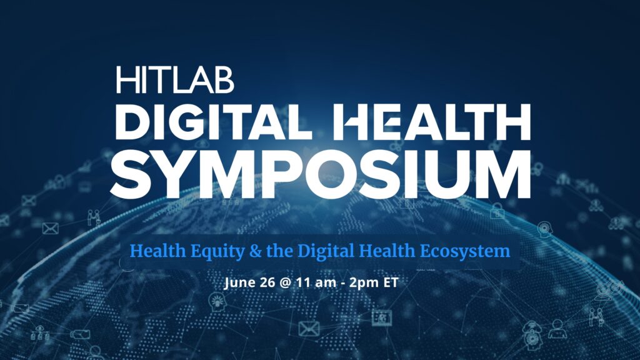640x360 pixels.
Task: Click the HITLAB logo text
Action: click(x=175, y=80)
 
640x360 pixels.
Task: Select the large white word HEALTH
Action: click(x=432, y=122)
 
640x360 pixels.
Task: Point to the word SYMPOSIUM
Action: click(x=321, y=174)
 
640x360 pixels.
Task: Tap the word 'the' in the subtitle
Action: click(x=279, y=251)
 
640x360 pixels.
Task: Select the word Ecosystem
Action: click(x=465, y=251)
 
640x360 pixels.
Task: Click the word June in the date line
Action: click(x=239, y=282)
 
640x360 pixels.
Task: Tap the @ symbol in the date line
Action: click(x=286, y=283)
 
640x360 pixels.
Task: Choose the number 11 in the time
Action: click(x=302, y=282)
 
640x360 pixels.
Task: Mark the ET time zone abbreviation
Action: click(x=391, y=282)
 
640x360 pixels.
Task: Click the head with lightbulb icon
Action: click(x=217, y=302)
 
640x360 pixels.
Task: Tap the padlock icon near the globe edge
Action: click(x=497, y=211)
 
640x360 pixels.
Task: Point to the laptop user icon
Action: click(x=557, y=329)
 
